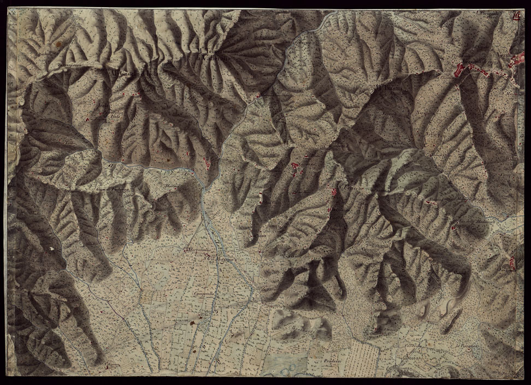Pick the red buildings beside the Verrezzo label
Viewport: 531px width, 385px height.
pyautogui.click(x=335, y=192)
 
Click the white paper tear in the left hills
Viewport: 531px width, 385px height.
pyautogui.click(x=52, y=250)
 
